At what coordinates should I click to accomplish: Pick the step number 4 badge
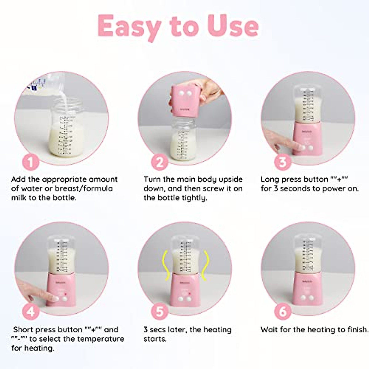(31, 312)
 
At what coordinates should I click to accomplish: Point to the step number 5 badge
(160, 312)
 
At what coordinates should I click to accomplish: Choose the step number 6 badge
(282, 312)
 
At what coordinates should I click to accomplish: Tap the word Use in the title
(233, 26)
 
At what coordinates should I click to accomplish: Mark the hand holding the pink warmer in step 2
(206, 89)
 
